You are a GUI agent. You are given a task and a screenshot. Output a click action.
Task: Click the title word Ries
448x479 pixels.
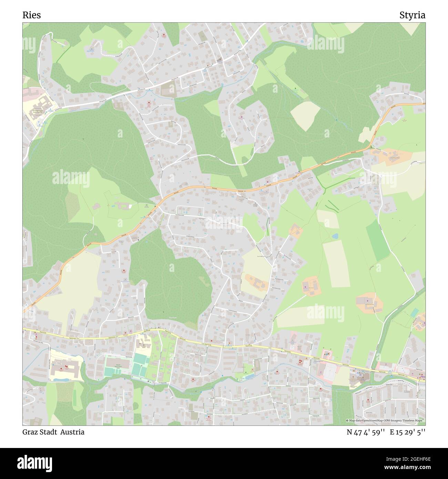(32, 15)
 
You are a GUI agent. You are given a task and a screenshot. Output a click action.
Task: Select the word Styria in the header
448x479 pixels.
(412, 15)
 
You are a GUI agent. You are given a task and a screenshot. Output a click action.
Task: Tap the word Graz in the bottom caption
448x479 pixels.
(30, 432)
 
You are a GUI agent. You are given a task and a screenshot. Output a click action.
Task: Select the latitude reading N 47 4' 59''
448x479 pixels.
(366, 432)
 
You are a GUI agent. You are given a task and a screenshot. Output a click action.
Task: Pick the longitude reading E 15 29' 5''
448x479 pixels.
(408, 432)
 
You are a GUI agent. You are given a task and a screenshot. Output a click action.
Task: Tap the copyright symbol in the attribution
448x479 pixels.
(347, 421)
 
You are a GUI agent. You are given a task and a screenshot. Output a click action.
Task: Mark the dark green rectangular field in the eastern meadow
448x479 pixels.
(377, 240)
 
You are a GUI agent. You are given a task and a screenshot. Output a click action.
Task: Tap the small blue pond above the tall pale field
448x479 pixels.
(335, 236)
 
